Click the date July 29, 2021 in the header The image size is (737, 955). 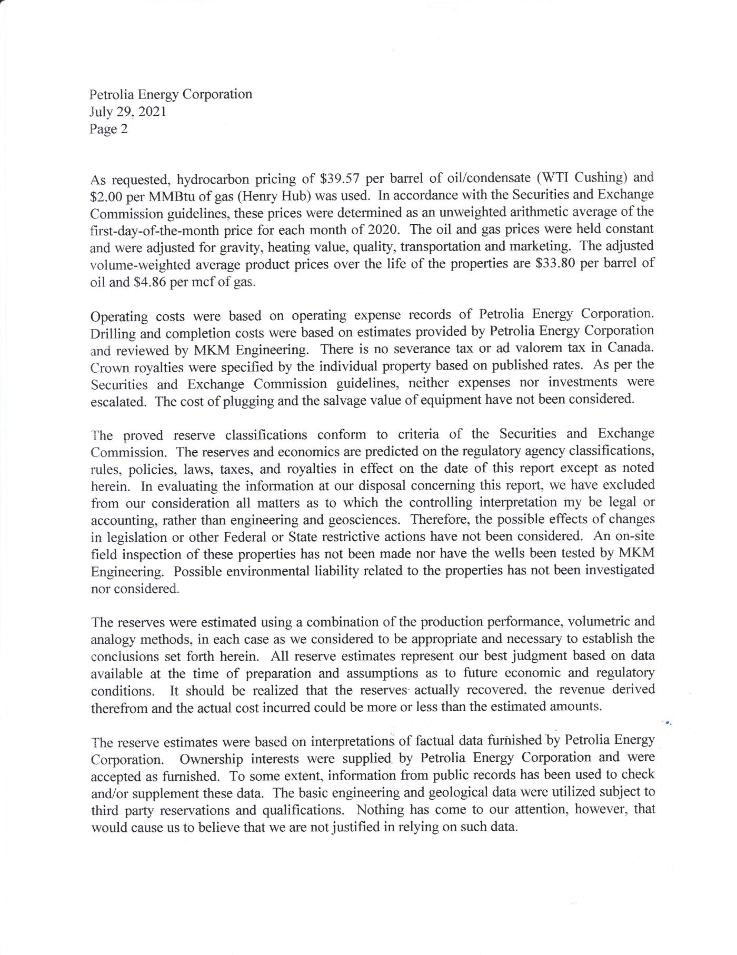point(128,112)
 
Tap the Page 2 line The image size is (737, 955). point(108,129)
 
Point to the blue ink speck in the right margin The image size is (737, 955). point(668,723)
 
